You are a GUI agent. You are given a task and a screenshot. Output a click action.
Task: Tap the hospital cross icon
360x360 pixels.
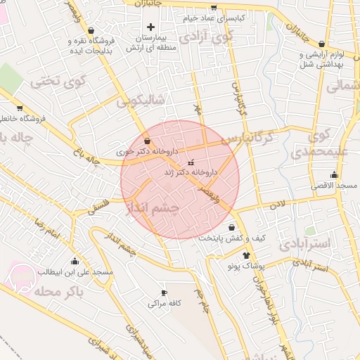(x=150, y=27)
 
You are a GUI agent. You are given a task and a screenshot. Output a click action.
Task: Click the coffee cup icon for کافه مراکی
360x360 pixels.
(x=165, y=293)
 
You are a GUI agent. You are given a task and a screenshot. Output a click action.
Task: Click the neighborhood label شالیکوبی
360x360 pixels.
(x=140, y=101)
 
